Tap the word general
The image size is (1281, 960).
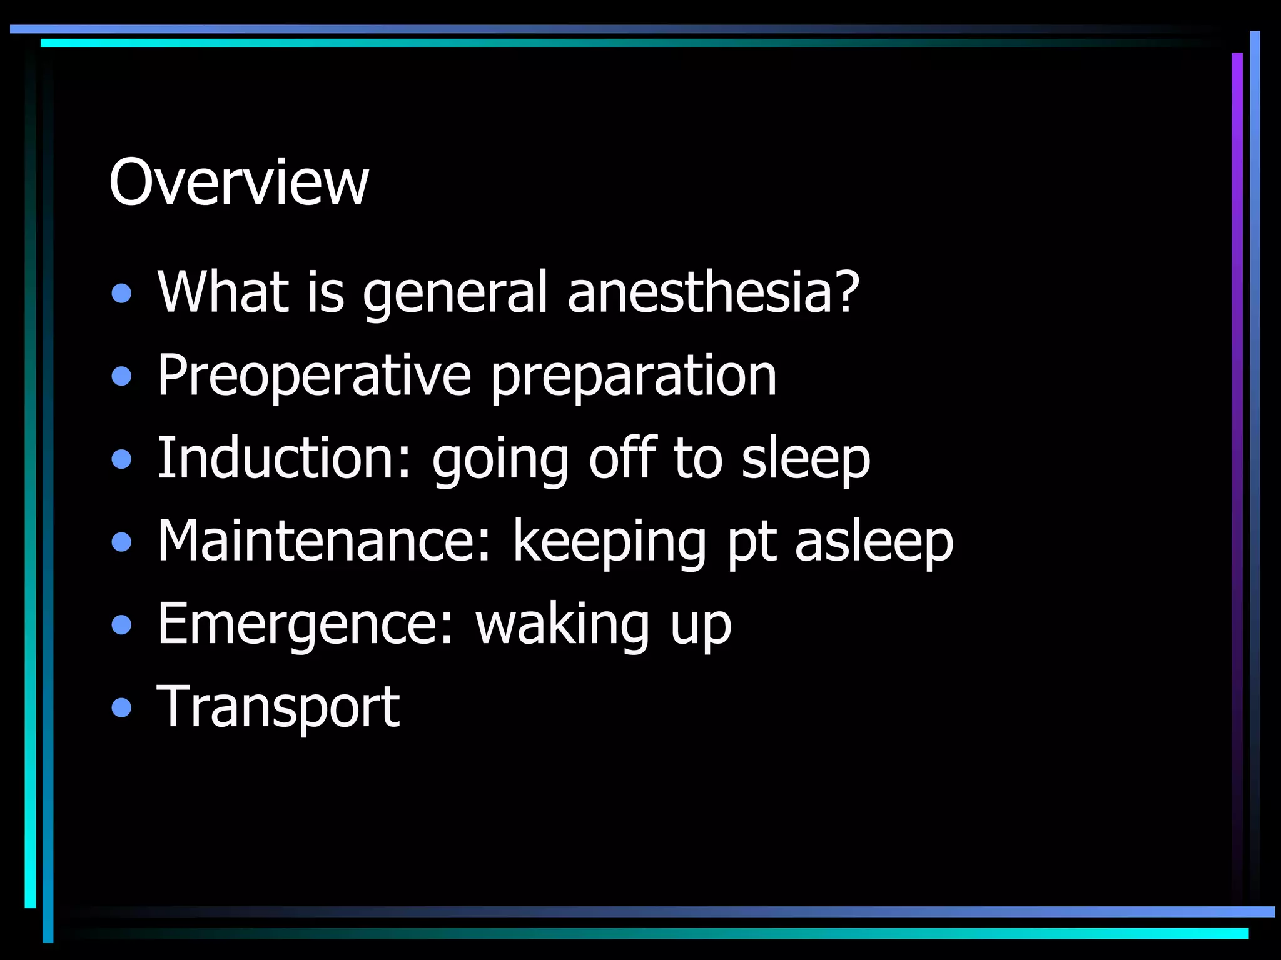point(455,294)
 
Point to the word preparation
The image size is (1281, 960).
point(633,377)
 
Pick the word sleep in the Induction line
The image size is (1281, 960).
point(806,459)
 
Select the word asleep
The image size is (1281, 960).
point(874,541)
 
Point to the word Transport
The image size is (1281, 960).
point(278,707)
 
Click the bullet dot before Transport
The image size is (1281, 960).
point(122,707)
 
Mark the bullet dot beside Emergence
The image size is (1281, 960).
point(122,624)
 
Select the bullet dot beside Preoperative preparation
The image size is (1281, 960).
point(122,376)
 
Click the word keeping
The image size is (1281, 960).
point(609,542)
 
